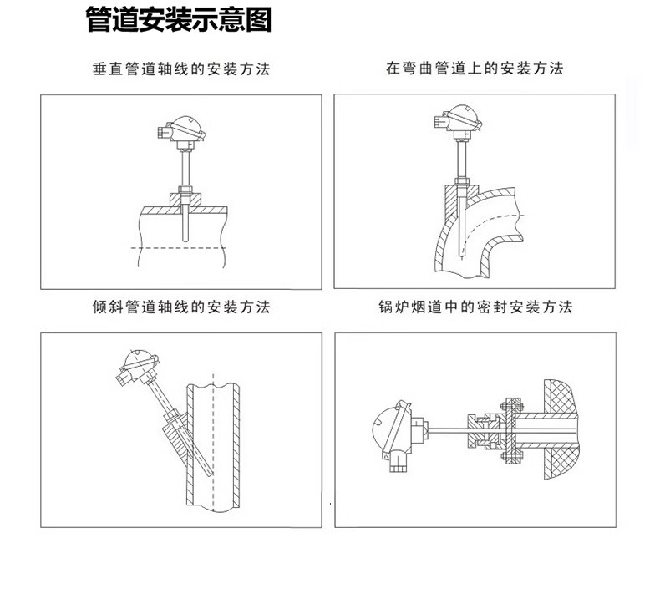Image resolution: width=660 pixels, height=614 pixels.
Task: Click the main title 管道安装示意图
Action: [x=179, y=20]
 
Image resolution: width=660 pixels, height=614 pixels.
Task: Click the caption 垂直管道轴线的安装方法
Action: [x=181, y=69]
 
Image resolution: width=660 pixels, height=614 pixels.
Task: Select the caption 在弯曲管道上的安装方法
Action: [x=475, y=69]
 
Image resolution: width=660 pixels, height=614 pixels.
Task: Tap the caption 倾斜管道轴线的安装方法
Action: [x=181, y=307]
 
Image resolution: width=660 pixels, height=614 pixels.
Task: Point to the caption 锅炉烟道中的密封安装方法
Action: [x=475, y=307]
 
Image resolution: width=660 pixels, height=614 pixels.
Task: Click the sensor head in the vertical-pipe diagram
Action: [x=182, y=129]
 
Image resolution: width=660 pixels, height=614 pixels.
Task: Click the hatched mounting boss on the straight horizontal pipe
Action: [x=185, y=200]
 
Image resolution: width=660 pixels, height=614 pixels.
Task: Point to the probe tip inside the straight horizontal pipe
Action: [x=185, y=240]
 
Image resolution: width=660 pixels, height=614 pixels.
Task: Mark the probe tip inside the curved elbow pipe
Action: [x=462, y=255]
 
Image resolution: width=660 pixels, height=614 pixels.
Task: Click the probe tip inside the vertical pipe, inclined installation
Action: [x=210, y=474]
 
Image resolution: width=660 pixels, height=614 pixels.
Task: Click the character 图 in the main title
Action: [x=258, y=20]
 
